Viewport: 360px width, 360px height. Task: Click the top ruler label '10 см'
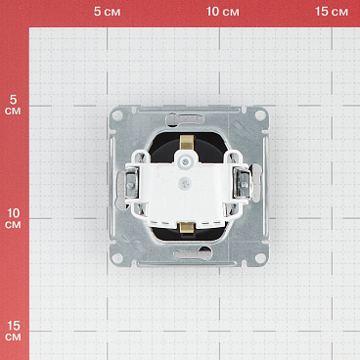[x=223, y=12]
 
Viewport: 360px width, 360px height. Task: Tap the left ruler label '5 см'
[x=13, y=105]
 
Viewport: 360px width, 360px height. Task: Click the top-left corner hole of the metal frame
[x=117, y=115]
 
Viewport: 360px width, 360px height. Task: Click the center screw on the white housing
[x=181, y=183]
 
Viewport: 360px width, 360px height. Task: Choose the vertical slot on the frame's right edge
[x=248, y=186]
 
